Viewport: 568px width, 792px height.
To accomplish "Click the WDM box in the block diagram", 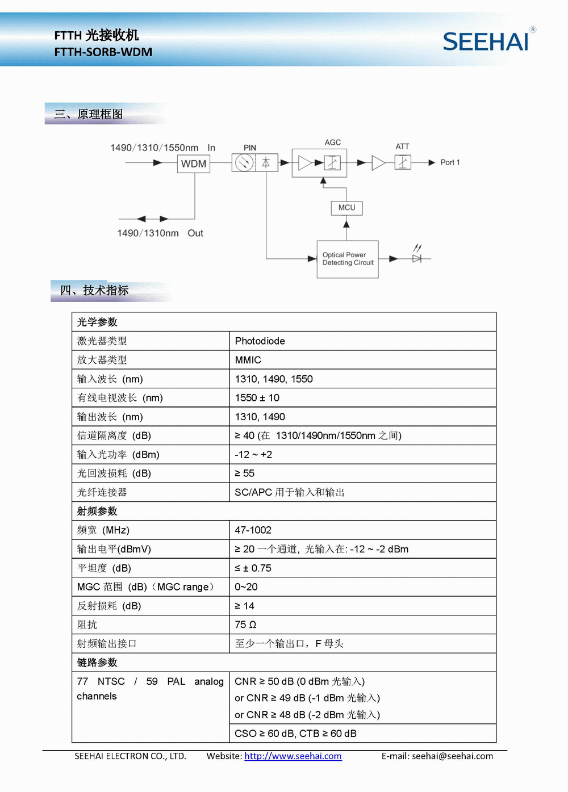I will pos(194,164).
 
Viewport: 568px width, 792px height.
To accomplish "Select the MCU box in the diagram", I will pos(346,208).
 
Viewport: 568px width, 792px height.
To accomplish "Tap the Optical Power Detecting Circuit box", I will pos(348,259).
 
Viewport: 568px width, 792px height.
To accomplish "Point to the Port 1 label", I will pos(450,162).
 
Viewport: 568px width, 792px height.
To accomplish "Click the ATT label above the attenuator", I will pos(402,146).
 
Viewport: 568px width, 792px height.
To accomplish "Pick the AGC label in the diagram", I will pos(333,143).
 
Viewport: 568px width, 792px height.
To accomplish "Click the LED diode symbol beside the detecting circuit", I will pos(417,258).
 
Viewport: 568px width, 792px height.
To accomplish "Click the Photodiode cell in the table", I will pos(260,341).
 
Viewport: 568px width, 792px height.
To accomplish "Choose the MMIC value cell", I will pos(248,360).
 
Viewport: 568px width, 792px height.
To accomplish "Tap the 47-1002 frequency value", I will pos(253,530).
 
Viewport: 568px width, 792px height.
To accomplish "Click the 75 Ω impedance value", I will pos(245,625).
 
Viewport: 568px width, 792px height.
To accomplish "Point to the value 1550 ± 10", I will pos(257,398).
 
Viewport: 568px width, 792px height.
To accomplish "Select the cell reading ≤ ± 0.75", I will pos(253,568).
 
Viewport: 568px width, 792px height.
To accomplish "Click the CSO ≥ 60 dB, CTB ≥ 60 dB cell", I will pos(295,734).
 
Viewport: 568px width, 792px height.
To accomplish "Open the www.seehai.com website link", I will pos(293,756).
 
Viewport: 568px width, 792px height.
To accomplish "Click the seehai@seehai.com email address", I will pos(452,756).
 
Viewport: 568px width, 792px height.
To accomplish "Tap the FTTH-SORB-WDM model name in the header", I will pos(103,52).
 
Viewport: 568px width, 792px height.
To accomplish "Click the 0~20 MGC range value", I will pos(246,587).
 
